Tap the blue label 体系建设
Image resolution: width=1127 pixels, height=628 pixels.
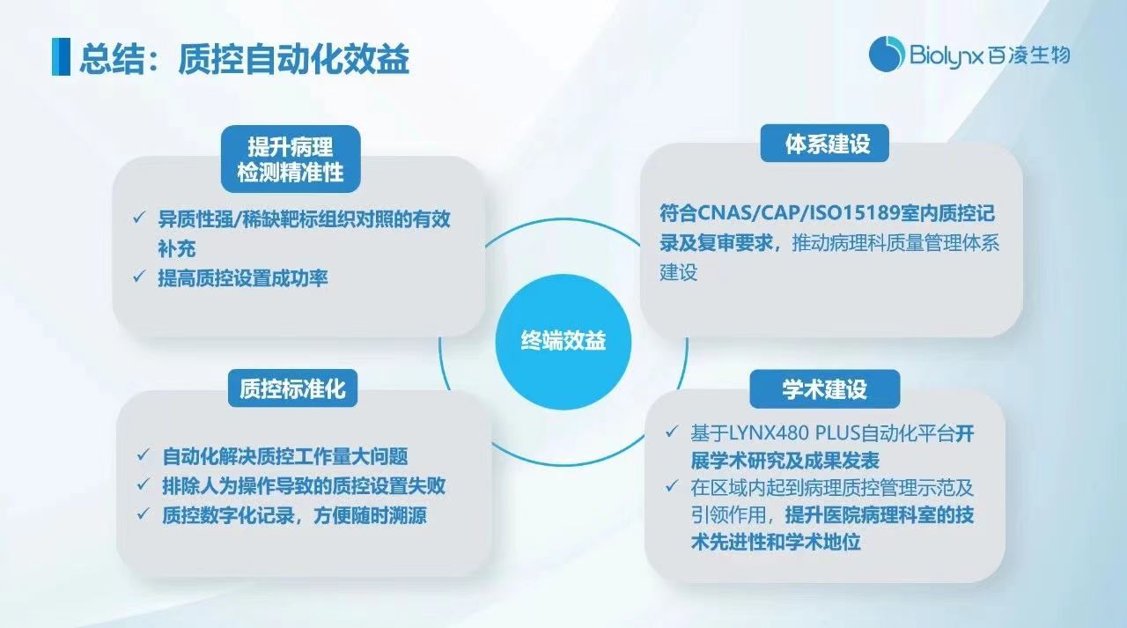tap(825, 144)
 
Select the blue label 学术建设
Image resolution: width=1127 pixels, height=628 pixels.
tap(824, 389)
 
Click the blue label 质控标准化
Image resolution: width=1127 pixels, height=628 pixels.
tap(292, 388)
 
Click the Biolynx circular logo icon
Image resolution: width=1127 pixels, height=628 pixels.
tap(887, 55)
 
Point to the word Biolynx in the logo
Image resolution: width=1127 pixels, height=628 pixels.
tap(940, 55)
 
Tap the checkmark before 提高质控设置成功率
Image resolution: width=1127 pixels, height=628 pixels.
tap(139, 277)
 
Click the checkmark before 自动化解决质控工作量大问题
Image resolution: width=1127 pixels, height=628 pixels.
tap(143, 456)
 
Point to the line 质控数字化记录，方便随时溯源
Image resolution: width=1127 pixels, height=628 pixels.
tap(294, 515)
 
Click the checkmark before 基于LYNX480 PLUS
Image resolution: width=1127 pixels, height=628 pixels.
tap(673, 433)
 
